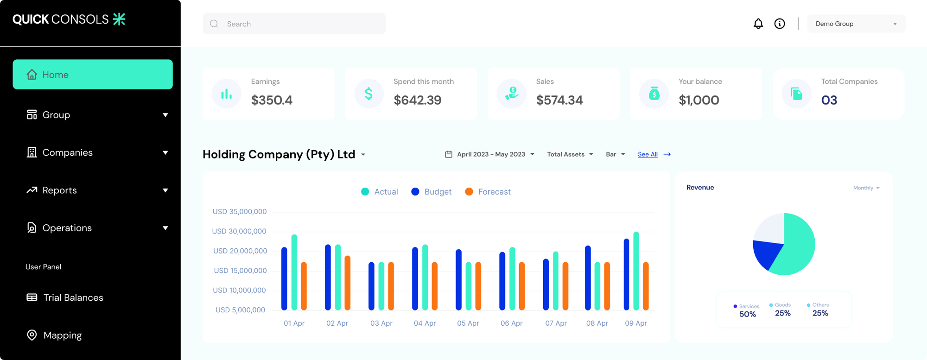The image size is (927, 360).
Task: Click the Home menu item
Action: (x=93, y=75)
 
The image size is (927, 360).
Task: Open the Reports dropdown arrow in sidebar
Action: (x=165, y=190)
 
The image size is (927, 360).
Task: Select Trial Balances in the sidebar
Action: (x=73, y=297)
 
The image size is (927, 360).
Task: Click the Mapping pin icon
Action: (x=32, y=335)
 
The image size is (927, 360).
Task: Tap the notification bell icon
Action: (x=758, y=24)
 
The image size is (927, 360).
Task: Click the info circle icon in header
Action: (x=780, y=24)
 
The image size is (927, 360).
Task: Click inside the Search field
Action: (x=297, y=24)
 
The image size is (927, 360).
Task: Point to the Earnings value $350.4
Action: (x=272, y=100)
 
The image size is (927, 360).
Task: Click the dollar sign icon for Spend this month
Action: (x=368, y=94)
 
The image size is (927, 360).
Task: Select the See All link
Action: (x=648, y=154)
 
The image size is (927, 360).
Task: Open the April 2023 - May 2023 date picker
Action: (x=490, y=154)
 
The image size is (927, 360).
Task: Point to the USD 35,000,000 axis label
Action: (x=240, y=212)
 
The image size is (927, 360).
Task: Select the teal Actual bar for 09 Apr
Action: (x=636, y=271)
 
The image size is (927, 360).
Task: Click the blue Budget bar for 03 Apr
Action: (x=371, y=286)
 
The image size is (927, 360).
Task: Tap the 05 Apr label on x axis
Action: (x=468, y=323)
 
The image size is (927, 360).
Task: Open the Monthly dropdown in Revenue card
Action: (x=866, y=188)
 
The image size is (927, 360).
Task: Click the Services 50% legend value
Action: (x=747, y=314)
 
